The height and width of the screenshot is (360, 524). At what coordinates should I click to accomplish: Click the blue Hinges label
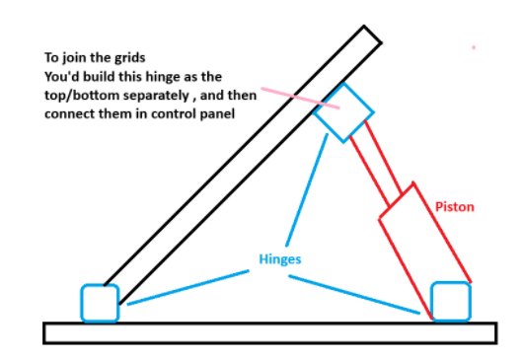pyautogui.click(x=280, y=259)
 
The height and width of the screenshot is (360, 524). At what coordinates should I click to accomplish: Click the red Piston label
pyautogui.click(x=455, y=207)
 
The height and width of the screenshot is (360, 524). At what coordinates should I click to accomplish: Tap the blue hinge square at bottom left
pyautogui.click(x=82, y=303)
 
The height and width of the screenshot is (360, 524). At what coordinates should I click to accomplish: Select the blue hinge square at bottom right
pyautogui.click(x=432, y=302)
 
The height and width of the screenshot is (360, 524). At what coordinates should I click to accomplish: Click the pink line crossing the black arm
pyautogui.click(x=300, y=98)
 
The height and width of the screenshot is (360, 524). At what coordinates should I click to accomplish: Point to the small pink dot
pyautogui.click(x=474, y=47)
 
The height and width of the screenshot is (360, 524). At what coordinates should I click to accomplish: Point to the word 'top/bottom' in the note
pyautogui.click(x=82, y=96)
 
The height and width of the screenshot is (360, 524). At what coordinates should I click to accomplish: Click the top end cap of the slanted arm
pyautogui.click(x=373, y=35)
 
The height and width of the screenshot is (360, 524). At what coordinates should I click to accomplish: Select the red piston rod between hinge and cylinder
pyautogui.click(x=376, y=164)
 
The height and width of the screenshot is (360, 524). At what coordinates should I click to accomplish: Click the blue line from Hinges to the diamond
pyautogui.click(x=307, y=189)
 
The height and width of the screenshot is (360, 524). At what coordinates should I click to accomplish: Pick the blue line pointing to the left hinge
pyautogui.click(x=188, y=288)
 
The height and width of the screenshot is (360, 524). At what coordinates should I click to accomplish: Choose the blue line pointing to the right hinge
pyautogui.click(x=354, y=295)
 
